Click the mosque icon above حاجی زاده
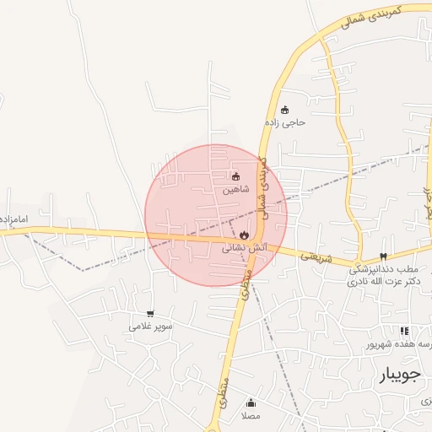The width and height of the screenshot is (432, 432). pos(285,110)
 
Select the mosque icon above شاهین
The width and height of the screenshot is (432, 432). pos(235,176)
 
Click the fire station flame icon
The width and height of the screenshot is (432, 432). pos(245,235)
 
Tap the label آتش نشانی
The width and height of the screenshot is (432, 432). pos(245,248)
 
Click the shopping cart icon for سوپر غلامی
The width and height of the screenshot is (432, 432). pos(150,314)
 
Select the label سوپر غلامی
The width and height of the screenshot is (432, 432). pos(151,327)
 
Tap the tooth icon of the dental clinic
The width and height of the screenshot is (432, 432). pos(383,256)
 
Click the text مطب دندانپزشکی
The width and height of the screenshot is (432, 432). pos(381,269)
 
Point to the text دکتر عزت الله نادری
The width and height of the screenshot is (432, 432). pos(381,282)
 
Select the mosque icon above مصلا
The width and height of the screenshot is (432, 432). pos(251,402)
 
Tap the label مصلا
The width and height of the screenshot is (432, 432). pos(251,416)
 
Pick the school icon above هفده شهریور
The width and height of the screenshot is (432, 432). pos(404,332)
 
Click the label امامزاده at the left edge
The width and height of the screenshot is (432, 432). pos(14,219)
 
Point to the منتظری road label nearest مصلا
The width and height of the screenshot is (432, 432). pos(225,391)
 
